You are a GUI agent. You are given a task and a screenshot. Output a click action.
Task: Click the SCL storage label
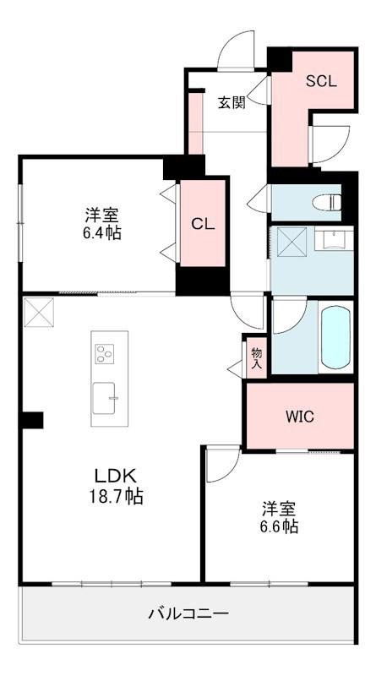[321, 81]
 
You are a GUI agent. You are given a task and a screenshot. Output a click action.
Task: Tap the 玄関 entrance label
[232, 102]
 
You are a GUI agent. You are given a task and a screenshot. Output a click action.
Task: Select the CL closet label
[203, 223]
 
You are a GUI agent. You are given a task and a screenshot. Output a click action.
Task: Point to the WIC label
[300, 417]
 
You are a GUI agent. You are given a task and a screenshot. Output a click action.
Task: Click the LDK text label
[115, 476]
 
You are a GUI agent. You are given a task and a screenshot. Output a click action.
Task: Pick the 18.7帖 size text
[116, 497]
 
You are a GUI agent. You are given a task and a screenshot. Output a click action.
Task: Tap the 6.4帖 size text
[102, 233]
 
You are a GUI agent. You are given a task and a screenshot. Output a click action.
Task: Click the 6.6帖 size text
[280, 526]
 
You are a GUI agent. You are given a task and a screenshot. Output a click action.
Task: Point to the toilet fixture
[326, 201]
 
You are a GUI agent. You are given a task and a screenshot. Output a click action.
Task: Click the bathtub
[335, 336]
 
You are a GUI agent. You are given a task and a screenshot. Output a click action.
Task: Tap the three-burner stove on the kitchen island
[104, 354]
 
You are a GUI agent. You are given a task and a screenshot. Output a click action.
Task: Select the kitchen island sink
[104, 398]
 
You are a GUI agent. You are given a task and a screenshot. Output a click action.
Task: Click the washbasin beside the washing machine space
[334, 238]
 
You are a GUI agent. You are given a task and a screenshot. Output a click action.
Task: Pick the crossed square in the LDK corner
[39, 312]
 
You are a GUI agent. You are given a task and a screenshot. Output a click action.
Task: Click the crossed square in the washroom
[292, 242]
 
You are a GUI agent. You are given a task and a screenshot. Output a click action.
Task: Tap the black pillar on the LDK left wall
[32, 420]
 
